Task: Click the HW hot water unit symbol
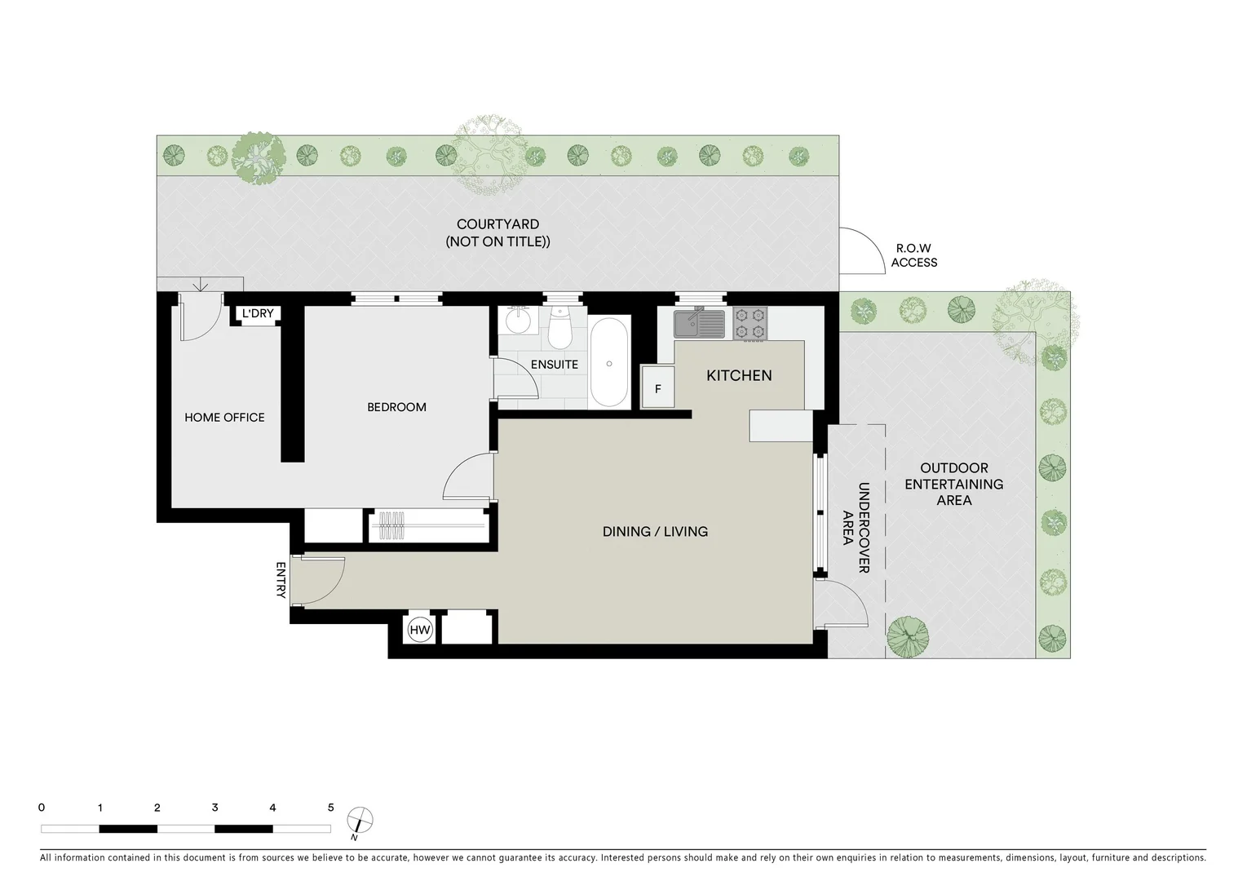click(x=420, y=630)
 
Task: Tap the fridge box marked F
click(x=657, y=389)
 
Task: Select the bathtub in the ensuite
click(x=609, y=362)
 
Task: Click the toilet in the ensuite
click(x=559, y=328)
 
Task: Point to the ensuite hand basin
click(x=517, y=321)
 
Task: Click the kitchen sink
click(x=699, y=323)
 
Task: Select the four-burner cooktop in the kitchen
click(x=750, y=322)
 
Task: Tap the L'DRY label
click(x=258, y=313)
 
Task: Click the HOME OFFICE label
click(x=224, y=418)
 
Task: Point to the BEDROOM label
click(x=396, y=407)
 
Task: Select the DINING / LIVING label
click(x=655, y=532)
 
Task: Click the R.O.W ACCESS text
click(x=913, y=255)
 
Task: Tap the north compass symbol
click(x=359, y=819)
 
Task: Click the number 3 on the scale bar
click(x=214, y=808)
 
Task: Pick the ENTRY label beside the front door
click(x=281, y=580)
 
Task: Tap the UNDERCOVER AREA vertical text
click(x=856, y=528)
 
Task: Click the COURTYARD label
click(x=497, y=232)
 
